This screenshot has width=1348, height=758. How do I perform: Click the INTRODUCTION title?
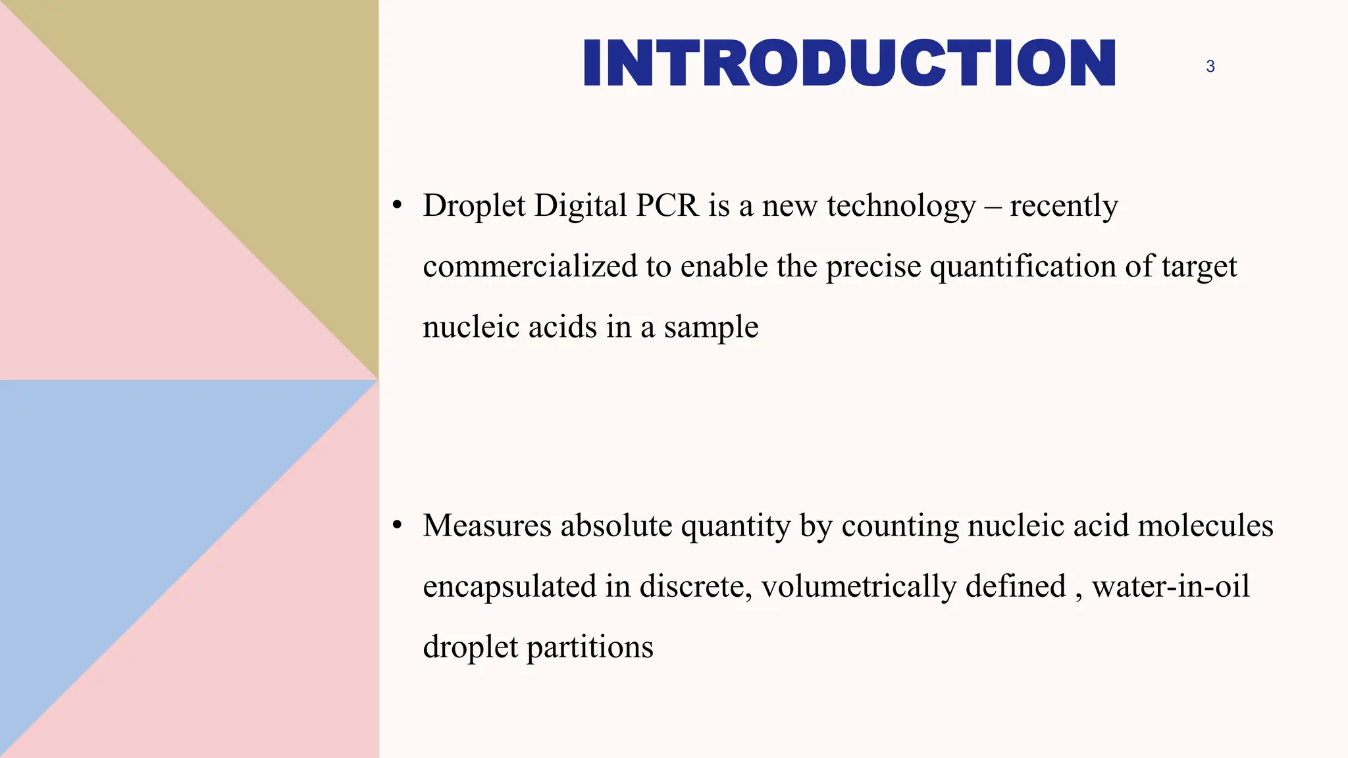click(849, 63)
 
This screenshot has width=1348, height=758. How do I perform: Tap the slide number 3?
click(1210, 66)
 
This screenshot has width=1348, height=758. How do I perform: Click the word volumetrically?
click(858, 587)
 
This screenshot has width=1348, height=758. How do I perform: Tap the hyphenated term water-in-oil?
click(1170, 586)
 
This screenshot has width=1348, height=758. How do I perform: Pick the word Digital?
click(581, 207)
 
